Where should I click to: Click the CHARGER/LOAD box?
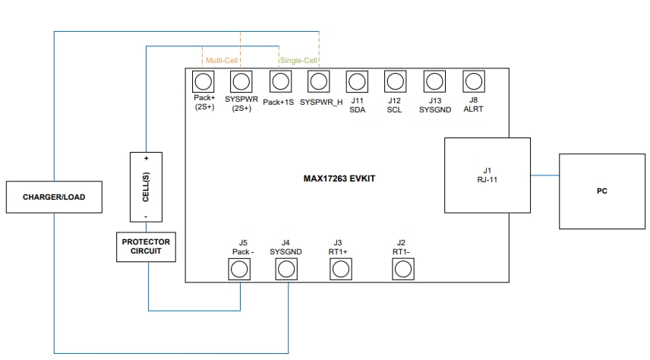54,197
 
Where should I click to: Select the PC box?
601,191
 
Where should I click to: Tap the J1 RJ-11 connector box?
487,175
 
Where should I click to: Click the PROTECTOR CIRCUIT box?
146,247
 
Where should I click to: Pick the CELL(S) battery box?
146,187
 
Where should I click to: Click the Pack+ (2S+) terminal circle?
203,81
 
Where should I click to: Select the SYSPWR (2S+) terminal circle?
241,81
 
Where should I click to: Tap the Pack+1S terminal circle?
279,81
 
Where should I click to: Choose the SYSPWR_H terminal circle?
319,81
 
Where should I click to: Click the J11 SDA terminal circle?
357,81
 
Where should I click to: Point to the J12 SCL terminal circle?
395,81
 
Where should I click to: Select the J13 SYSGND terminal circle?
434,81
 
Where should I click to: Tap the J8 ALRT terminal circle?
473,81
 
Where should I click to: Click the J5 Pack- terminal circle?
240,269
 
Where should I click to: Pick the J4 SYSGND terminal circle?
286,269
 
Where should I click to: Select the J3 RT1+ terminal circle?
339,269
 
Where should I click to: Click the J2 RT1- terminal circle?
402,269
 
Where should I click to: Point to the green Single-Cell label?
299,59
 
